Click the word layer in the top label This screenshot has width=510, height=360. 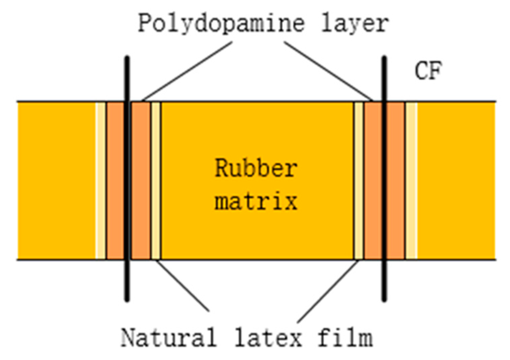coord(355,24)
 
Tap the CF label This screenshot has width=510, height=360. coord(428,71)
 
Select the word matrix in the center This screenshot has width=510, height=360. coord(256,201)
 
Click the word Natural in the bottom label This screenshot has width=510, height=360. coord(169,337)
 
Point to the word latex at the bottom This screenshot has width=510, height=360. coord(268,337)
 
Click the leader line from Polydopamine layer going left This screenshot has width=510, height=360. coord(187,71)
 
